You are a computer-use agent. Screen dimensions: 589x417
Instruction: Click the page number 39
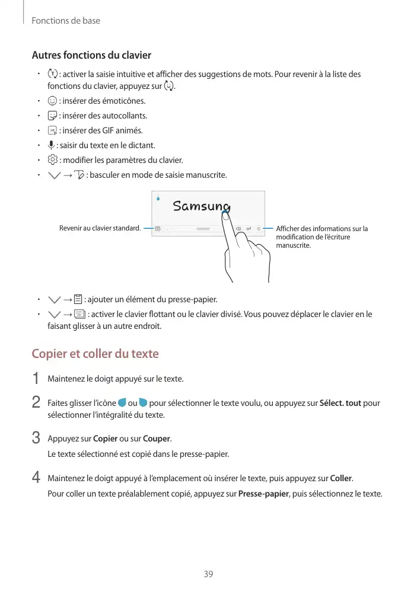208,574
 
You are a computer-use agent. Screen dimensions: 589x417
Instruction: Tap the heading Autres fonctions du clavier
91,55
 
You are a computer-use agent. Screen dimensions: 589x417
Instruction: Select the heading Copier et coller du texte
95,354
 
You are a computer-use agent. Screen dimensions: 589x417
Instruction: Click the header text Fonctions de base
66,21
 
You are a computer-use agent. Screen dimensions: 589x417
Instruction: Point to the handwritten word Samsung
201,206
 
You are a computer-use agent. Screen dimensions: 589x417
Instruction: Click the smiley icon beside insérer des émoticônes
52,101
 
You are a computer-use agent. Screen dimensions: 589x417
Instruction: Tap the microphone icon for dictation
52,145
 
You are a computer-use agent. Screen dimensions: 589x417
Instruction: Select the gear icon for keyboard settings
52,160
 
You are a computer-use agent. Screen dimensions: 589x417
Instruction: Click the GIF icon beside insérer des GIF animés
52,130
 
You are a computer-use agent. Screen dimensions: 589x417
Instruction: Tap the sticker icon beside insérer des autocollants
52,116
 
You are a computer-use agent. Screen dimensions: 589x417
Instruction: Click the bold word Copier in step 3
105,439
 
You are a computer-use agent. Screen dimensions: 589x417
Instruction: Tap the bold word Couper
157,439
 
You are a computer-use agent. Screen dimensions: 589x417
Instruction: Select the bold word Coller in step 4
340,478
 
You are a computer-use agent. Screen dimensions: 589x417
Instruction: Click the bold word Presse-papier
263,494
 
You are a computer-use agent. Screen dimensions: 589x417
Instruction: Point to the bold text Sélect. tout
340,404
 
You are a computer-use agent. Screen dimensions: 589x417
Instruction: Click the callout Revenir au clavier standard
100,228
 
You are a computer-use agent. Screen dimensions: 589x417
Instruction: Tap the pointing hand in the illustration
246,255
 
